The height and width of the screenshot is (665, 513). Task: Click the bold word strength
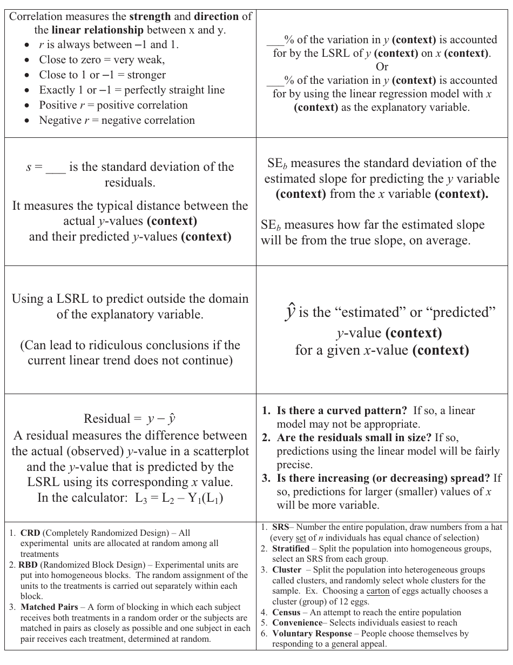click(150, 16)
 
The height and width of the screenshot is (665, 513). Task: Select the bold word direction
click(216, 16)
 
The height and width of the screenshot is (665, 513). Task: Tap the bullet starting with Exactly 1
click(132, 90)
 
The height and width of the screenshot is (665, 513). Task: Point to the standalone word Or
click(382, 66)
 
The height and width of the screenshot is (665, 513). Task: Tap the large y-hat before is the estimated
click(289, 312)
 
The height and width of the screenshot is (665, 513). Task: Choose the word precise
click(295, 464)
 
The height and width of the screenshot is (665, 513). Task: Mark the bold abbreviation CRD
click(30, 533)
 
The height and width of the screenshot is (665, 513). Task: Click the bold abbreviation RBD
click(28, 565)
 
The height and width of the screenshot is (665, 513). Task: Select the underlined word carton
click(378, 591)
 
